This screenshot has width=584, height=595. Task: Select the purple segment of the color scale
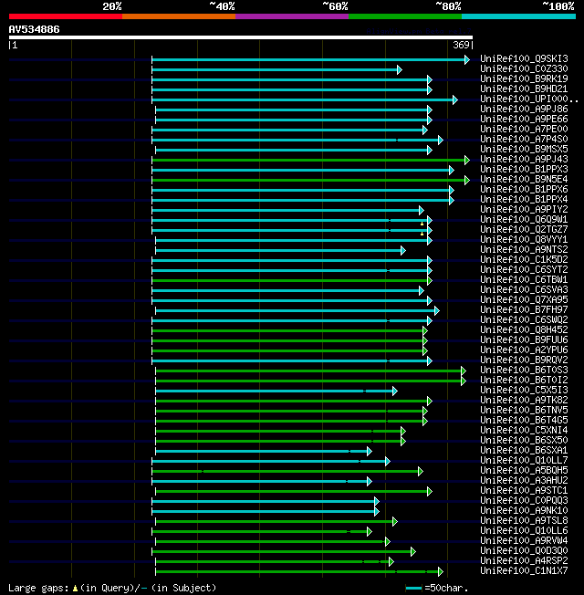coord(291,16)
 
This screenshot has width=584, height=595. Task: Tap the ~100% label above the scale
coord(558,6)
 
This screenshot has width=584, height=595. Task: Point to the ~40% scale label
coord(222,6)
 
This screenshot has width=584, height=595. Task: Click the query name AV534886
coord(35,29)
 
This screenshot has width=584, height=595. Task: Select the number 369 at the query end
coord(461,45)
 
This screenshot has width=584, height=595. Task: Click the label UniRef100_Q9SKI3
coord(524,59)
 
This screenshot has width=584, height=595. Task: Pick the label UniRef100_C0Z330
coord(524,69)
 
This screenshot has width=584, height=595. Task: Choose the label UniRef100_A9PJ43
coord(524,160)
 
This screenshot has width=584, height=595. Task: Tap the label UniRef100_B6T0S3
coord(524,371)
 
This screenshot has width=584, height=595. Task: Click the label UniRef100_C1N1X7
coord(524,571)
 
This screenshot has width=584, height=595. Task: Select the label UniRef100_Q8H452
coord(524,330)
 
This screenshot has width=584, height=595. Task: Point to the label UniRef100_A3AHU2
coord(524,481)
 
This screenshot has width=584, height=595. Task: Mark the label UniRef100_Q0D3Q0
coord(524,551)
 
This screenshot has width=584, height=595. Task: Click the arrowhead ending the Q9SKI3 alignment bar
coord(466,59)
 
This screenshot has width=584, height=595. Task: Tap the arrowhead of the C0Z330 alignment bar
coord(399,69)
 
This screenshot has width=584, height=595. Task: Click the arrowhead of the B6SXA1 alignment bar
coord(369,451)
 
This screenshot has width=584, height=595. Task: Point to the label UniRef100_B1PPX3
coord(524,170)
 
